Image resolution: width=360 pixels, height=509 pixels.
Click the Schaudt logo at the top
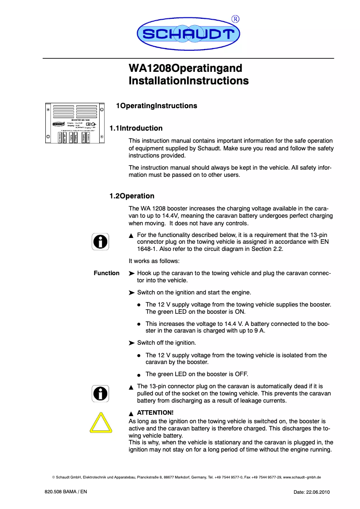tap(188, 34)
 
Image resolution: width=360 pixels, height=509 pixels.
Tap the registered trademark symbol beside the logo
tap(235, 19)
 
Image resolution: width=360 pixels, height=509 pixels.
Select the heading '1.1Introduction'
tap(136, 128)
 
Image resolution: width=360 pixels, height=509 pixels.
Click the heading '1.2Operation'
tap(132, 196)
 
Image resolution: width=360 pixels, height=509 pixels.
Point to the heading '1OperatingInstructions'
tap(156, 106)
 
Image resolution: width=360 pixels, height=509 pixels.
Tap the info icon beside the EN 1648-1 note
tap(101, 241)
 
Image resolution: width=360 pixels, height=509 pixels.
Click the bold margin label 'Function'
tap(106, 273)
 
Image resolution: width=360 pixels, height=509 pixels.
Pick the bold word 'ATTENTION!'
tap(155, 412)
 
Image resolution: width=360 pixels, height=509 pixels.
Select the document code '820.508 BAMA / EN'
tap(66, 492)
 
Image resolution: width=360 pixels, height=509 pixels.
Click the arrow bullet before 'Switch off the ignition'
tap(132, 343)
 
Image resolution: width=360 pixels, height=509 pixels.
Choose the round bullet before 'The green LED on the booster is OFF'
tap(140, 375)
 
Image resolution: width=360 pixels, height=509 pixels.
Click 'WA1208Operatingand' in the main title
tap(185, 69)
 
